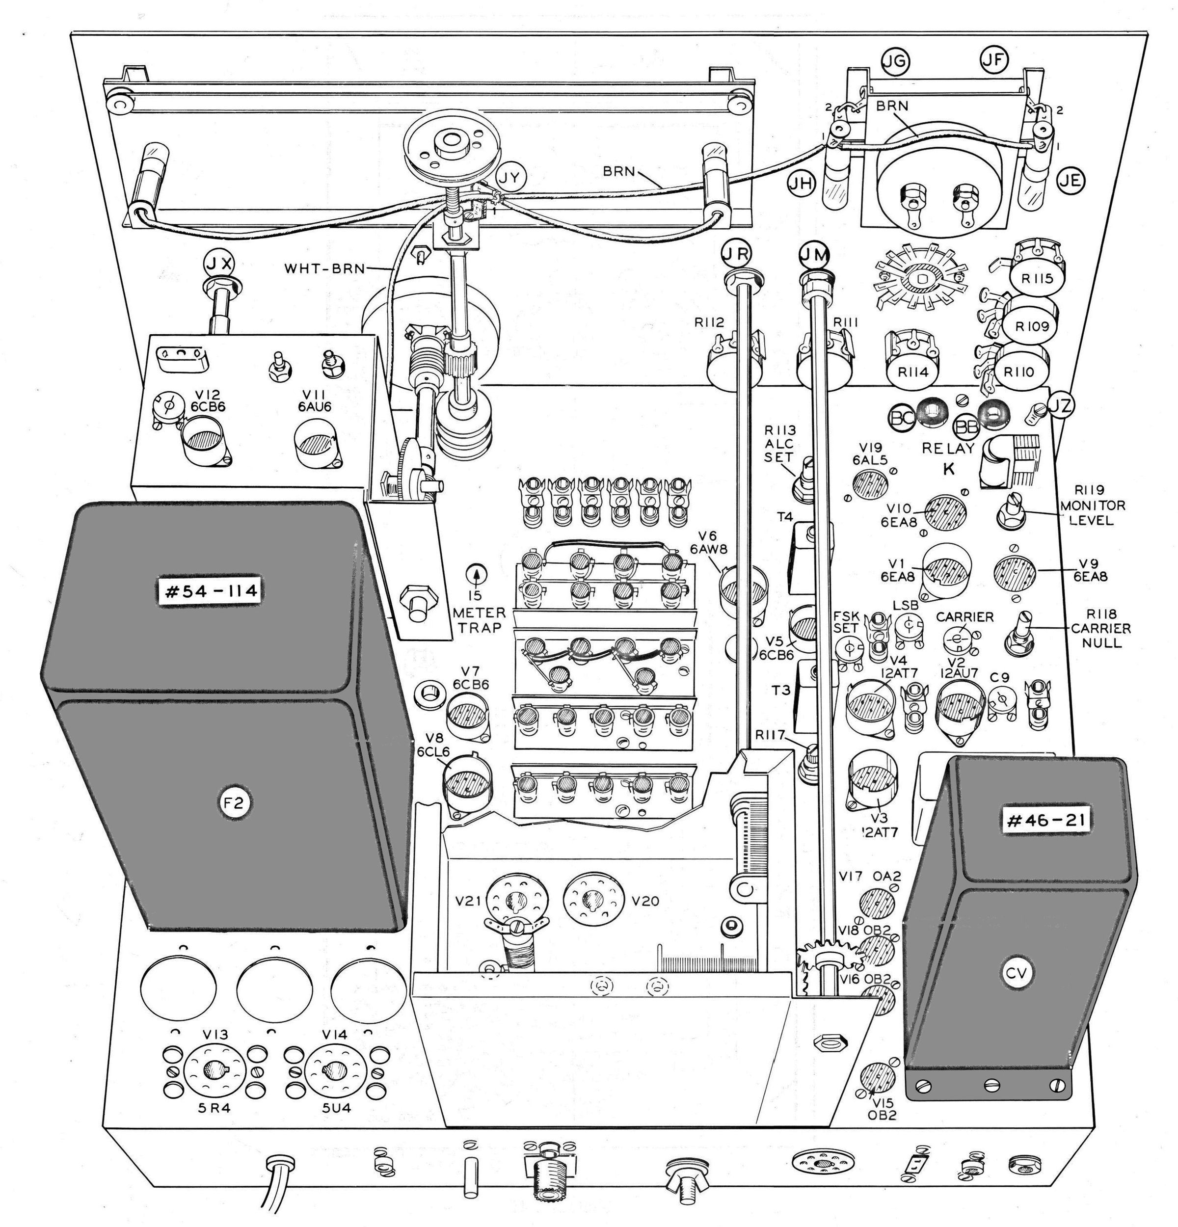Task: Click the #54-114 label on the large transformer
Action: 210,591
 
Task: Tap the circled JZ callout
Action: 1060,406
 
